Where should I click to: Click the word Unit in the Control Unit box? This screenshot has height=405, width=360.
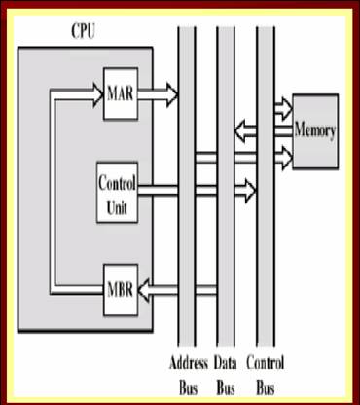coord(116,205)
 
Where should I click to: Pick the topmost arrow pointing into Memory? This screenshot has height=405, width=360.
coord(283,105)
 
